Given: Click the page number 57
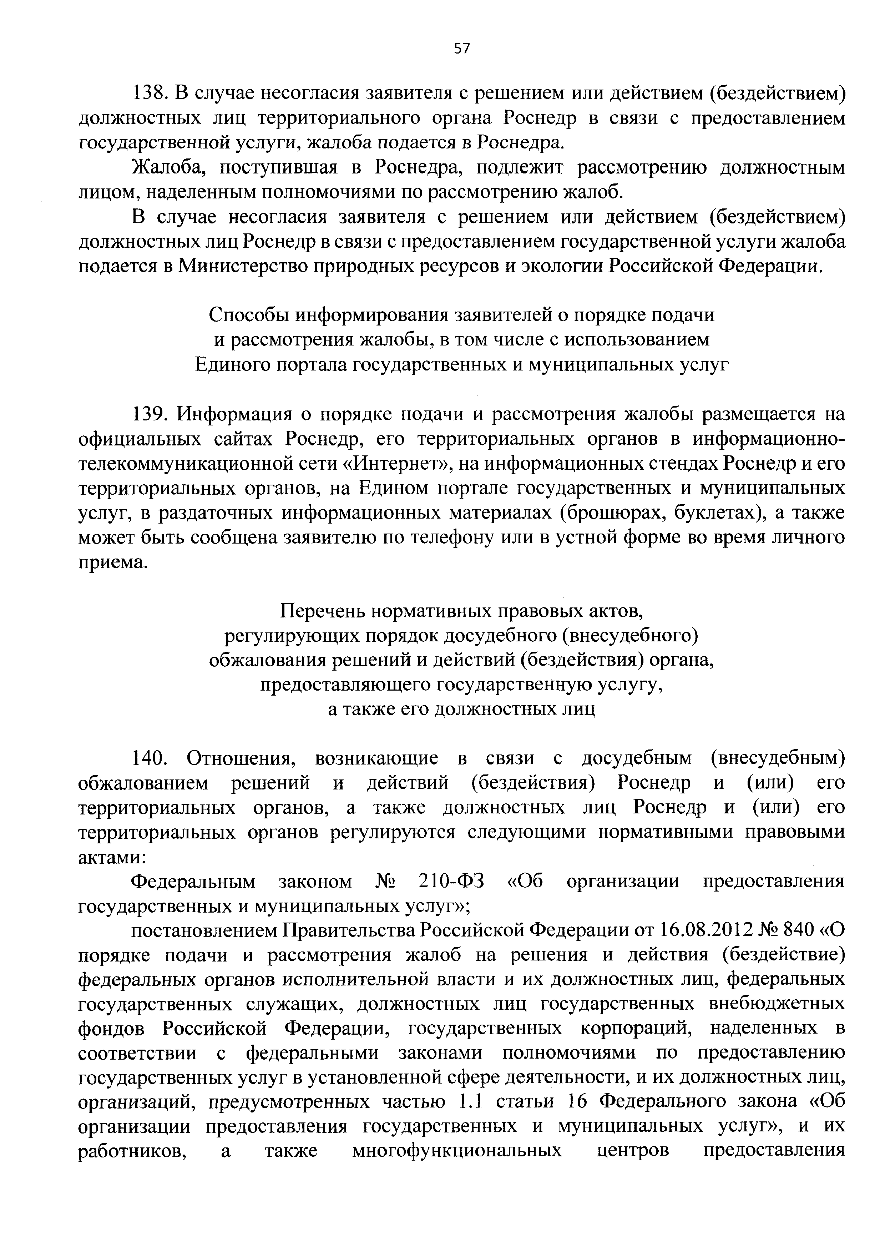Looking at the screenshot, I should [461, 49].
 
